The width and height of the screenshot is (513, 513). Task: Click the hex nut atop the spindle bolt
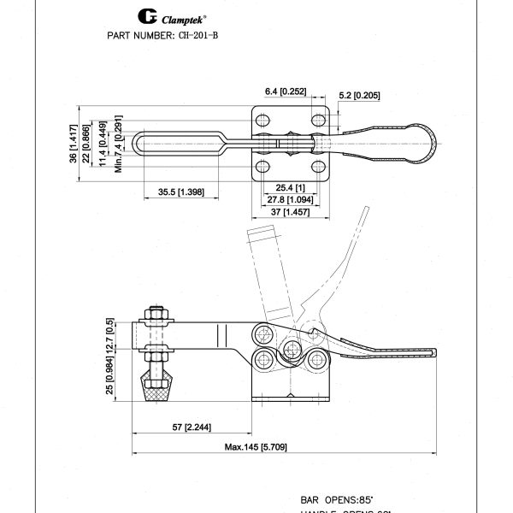click(x=159, y=314)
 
